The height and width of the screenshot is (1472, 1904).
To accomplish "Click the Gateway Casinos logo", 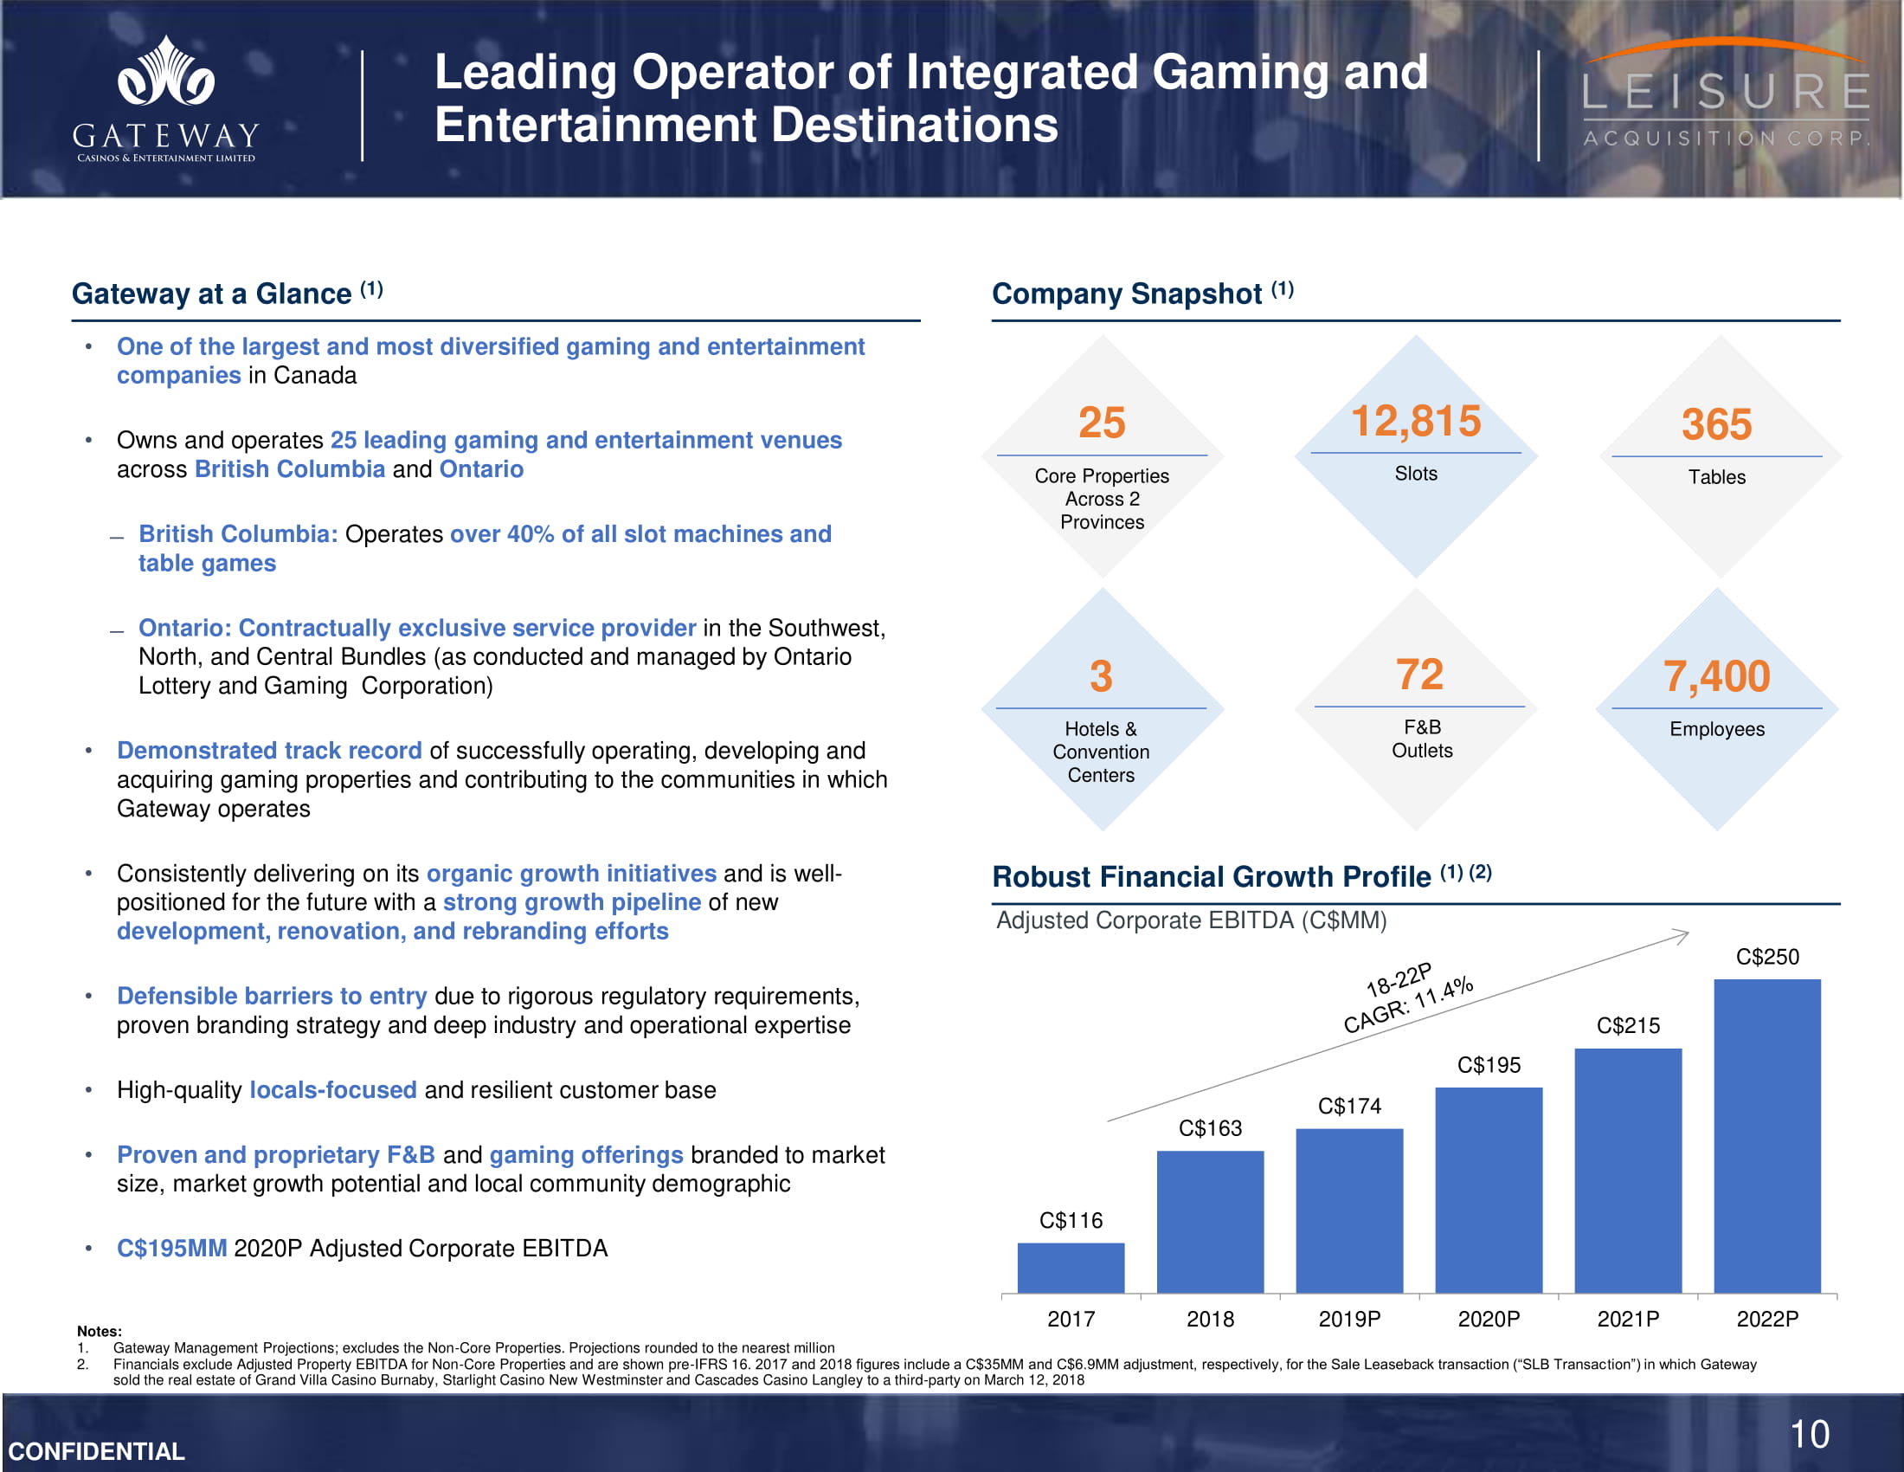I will [x=165, y=99].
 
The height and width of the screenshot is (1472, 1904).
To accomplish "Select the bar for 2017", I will [x=1071, y=1267].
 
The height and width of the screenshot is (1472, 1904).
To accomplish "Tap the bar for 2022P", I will [x=1766, y=1135].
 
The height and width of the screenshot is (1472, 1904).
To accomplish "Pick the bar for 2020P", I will [x=1489, y=1190].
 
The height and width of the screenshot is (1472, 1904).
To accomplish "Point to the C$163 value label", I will [x=1210, y=1128].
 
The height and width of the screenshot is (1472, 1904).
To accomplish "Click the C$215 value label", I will [x=1628, y=1025].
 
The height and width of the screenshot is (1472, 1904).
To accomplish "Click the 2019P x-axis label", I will [x=1348, y=1319].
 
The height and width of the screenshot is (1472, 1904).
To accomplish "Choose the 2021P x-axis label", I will [x=1628, y=1319].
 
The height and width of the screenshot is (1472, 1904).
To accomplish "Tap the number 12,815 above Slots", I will [x=1415, y=421].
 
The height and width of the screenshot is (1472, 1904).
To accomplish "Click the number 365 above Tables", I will [x=1715, y=424].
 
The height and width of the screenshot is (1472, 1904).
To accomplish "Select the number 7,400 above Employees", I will [x=1715, y=677].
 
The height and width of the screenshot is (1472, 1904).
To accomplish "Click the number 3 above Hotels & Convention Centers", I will [x=1101, y=677].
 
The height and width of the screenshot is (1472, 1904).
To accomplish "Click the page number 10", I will [x=1809, y=1435].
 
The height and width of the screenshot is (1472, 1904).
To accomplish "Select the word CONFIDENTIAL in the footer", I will [x=97, y=1451].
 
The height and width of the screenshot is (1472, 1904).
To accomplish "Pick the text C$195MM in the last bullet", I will [x=171, y=1249].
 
